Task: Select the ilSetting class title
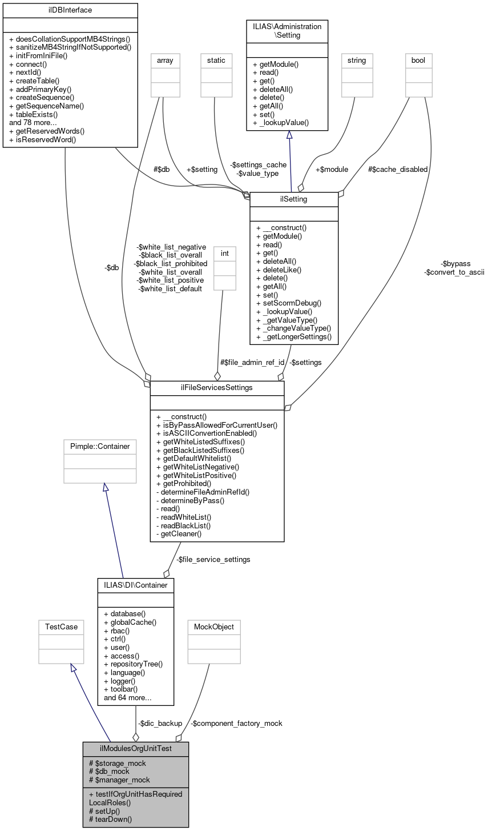pos(294,199)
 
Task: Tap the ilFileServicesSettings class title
pos(217,388)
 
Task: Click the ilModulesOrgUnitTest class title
pos(135,749)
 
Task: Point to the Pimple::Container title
pos(100,446)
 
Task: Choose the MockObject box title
pos(211,627)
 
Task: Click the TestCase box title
pos(58,627)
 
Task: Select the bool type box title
pos(418,60)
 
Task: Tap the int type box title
pos(224,252)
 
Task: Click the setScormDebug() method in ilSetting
pos(289,303)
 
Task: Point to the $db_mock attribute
pos(109,771)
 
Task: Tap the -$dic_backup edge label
pos(160,723)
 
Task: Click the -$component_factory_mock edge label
pos(236,723)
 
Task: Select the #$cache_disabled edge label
pos(397,169)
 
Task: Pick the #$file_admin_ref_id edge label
pos(252,362)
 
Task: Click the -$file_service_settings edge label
pos(213,559)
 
